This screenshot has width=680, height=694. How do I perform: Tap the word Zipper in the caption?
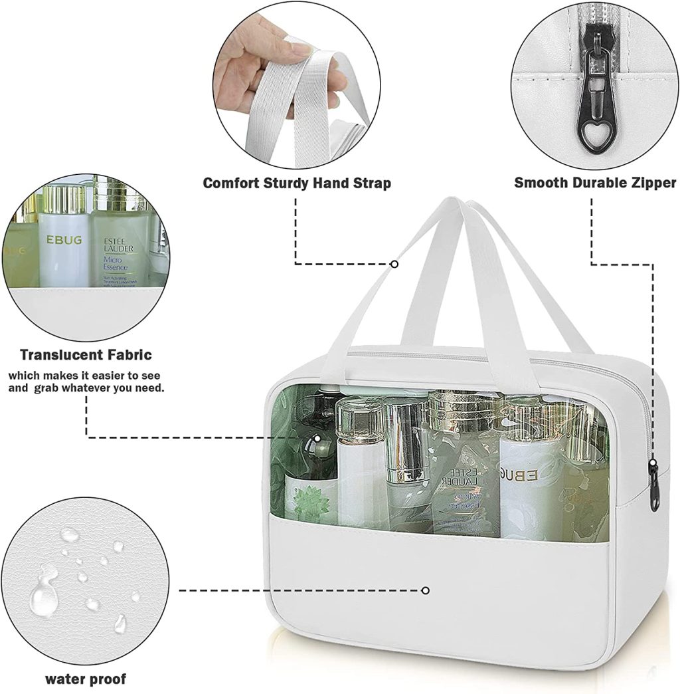[648, 182]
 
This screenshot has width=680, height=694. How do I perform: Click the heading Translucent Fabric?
[86, 355]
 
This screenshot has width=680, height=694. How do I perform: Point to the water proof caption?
[86, 679]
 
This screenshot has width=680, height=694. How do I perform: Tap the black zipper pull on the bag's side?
[654, 485]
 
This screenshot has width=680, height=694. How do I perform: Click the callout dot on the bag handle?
[394, 264]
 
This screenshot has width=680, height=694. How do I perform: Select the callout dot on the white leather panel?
[426, 590]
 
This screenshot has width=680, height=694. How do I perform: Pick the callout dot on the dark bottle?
[317, 438]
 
